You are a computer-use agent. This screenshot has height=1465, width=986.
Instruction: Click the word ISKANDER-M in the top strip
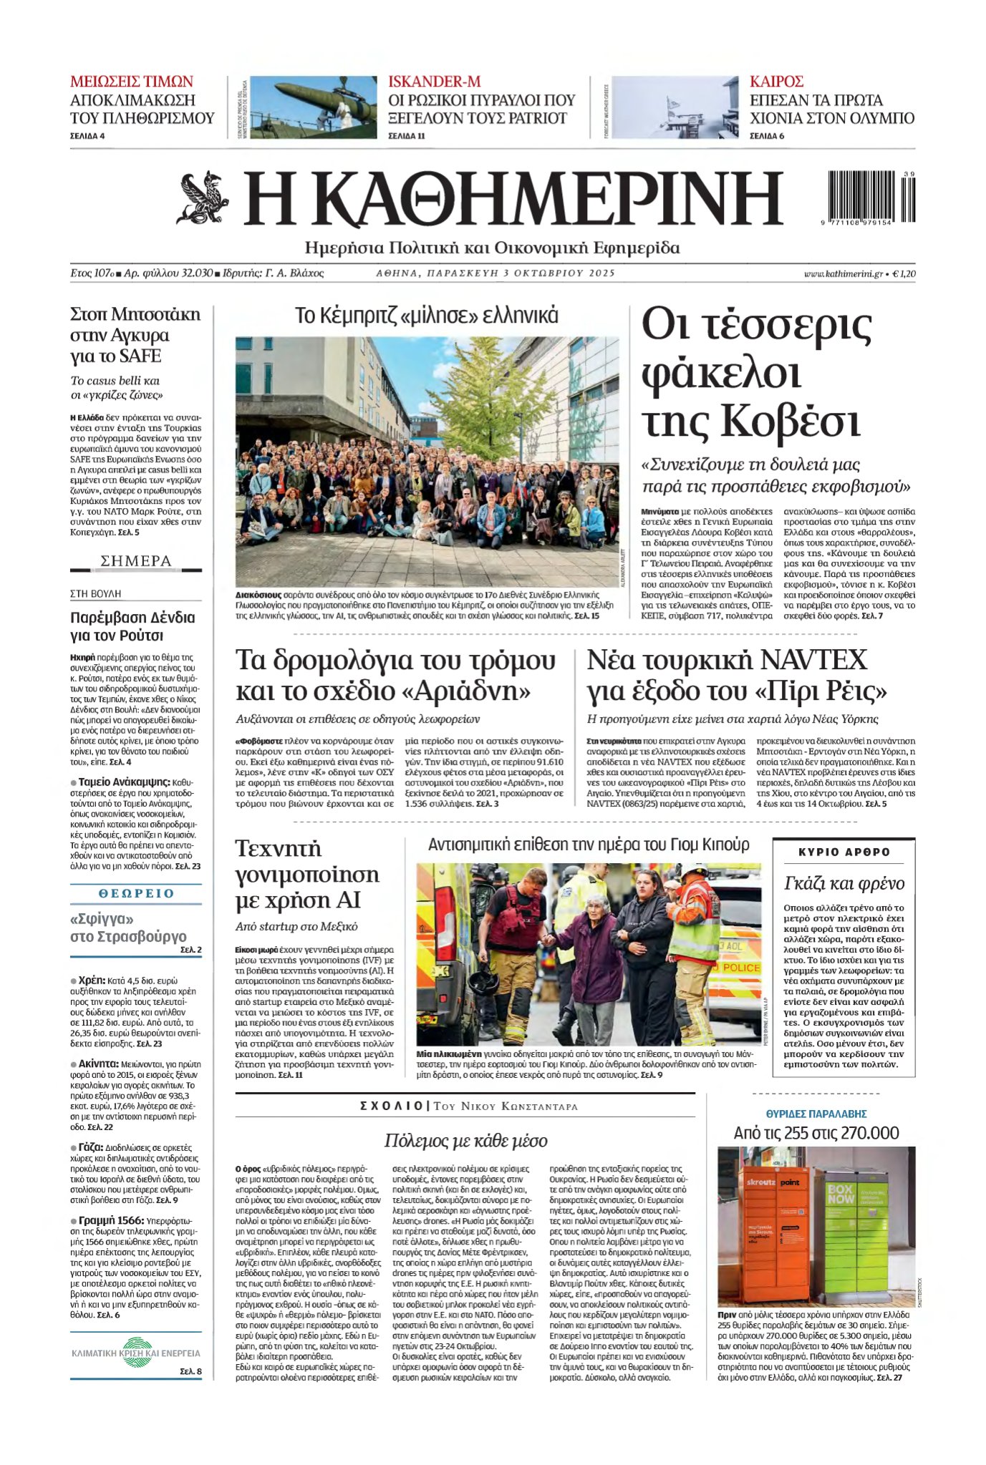click(x=434, y=82)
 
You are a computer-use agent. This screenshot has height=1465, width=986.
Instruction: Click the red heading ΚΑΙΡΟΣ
click(x=776, y=82)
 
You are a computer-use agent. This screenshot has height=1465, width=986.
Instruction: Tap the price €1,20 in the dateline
click(x=904, y=273)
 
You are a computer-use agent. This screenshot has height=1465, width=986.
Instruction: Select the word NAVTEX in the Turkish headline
click(x=812, y=660)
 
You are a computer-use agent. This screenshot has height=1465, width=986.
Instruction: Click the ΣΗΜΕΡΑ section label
click(x=136, y=561)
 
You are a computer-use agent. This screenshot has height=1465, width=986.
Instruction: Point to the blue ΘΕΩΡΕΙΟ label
click(x=136, y=893)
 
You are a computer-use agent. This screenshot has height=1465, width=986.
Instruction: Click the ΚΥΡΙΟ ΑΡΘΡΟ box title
click(x=844, y=852)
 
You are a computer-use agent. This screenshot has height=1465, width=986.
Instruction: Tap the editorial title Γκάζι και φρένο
click(x=844, y=883)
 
